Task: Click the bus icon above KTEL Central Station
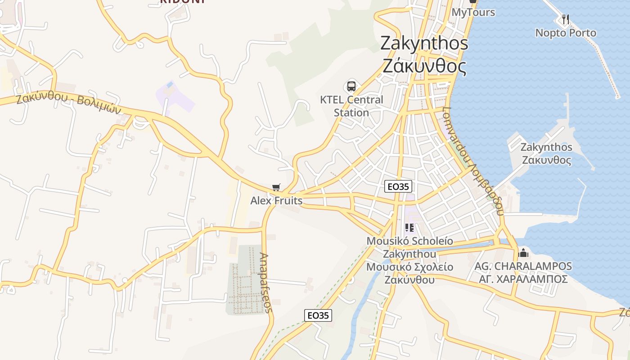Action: (351, 86)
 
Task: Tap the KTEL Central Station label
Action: (351, 106)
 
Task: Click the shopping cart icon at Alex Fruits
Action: (276, 187)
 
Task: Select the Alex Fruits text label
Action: (276, 200)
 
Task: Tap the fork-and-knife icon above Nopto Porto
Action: (566, 19)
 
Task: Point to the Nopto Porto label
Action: (566, 33)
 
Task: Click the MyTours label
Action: (473, 12)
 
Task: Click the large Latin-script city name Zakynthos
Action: (424, 43)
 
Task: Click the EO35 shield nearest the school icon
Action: (398, 186)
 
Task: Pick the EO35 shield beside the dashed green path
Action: (318, 315)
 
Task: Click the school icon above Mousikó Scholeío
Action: (409, 228)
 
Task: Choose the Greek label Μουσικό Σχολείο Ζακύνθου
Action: (409, 273)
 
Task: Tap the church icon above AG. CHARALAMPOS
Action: (523, 253)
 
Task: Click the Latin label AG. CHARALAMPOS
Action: (523, 266)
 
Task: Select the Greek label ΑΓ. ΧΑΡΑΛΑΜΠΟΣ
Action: (523, 279)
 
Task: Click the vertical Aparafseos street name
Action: (266, 283)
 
